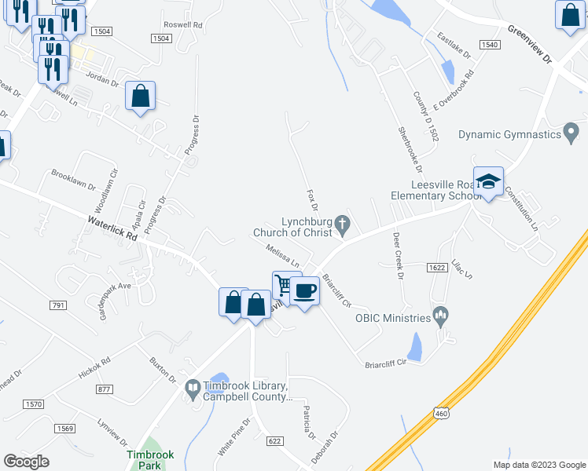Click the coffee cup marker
(x=304, y=291)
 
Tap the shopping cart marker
(x=285, y=285)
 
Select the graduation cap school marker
(x=488, y=181)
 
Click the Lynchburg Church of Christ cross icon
(x=342, y=225)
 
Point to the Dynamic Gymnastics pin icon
(x=572, y=133)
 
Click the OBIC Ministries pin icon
(x=440, y=317)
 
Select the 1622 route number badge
(x=438, y=268)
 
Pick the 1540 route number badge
(x=489, y=45)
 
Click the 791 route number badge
(x=57, y=305)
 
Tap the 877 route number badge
(x=104, y=389)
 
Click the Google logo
(x=26, y=461)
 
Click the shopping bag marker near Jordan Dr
(x=140, y=97)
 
